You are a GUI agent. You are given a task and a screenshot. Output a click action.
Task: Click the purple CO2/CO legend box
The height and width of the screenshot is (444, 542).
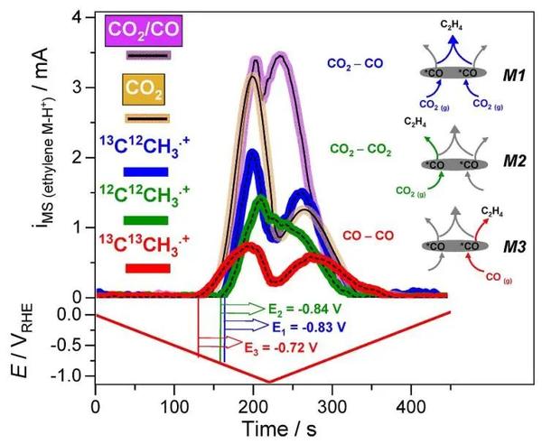(x=145, y=31)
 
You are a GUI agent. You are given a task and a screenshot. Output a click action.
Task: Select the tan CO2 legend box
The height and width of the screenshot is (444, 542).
(x=145, y=91)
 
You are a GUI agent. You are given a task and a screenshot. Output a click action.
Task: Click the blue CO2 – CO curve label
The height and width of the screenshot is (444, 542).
(x=354, y=64)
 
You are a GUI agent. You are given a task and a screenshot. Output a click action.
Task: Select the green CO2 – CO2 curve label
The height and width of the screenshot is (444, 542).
(x=360, y=147)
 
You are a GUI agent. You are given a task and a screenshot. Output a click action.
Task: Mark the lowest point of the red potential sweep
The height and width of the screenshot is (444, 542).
(x=266, y=382)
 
